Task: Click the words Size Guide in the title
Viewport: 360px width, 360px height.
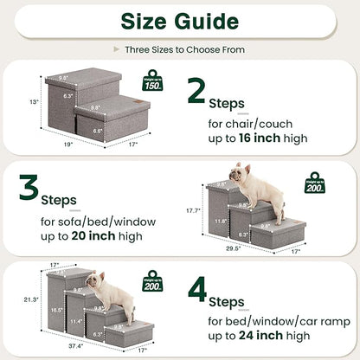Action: (x=179, y=21)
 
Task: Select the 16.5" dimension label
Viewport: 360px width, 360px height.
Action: (x=55, y=308)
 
